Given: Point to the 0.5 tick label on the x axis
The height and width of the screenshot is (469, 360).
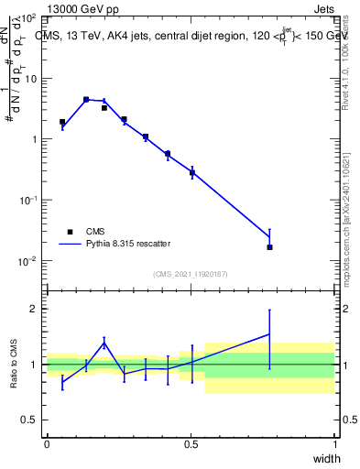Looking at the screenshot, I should pos(191,442).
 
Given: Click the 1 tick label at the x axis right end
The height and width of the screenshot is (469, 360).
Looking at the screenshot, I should pos(334,442).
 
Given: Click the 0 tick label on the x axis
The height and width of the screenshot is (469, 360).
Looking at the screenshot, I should pos(47,442).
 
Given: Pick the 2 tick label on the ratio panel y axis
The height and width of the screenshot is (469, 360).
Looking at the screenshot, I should pos(33,309).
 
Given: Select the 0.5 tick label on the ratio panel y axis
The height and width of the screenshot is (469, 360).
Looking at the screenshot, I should pos(28,420).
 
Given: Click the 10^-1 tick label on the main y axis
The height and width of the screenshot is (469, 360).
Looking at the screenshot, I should pos(27,200).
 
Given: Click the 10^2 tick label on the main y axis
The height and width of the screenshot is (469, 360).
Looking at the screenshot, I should pos(27,18).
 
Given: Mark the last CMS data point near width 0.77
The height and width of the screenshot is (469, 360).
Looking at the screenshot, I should pos(269,247).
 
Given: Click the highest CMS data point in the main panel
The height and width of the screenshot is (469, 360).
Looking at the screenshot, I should pos(86,99).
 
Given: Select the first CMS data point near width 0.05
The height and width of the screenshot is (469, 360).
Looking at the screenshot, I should pos(62,122).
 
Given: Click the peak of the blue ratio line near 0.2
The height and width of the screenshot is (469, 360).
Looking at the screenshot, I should pos(104,343).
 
